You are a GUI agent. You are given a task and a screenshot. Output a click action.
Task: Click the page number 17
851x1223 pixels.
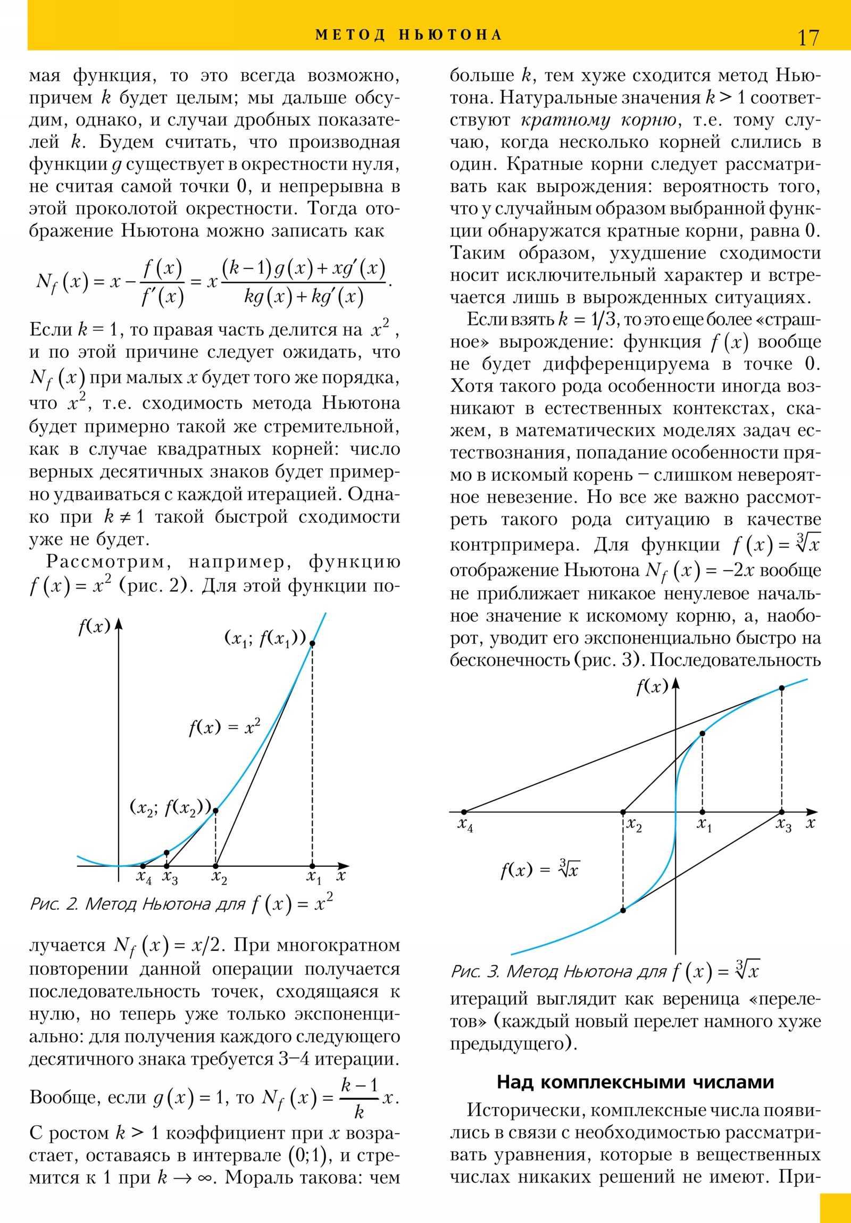tap(808, 38)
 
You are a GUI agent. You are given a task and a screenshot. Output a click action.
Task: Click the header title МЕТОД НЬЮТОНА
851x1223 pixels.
tap(408, 35)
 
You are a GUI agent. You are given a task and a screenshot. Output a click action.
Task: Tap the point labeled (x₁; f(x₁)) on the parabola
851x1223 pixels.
tap(312, 643)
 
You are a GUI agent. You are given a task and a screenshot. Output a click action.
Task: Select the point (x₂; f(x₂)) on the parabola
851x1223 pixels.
tap(215, 811)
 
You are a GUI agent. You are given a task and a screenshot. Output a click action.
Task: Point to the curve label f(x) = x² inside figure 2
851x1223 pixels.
tap(225, 726)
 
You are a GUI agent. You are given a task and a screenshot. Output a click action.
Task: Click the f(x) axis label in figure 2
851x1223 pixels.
tap(94, 626)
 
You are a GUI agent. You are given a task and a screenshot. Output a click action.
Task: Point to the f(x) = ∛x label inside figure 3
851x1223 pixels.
tap(540, 870)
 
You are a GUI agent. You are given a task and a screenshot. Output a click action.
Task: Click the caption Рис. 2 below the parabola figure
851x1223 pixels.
tap(181, 904)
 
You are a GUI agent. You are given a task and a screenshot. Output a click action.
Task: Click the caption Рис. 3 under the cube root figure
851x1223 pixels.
tap(605, 971)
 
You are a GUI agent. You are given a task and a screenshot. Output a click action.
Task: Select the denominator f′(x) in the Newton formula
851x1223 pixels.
tap(163, 297)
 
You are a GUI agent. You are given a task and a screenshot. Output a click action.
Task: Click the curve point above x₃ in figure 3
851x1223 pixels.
tap(782, 688)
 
